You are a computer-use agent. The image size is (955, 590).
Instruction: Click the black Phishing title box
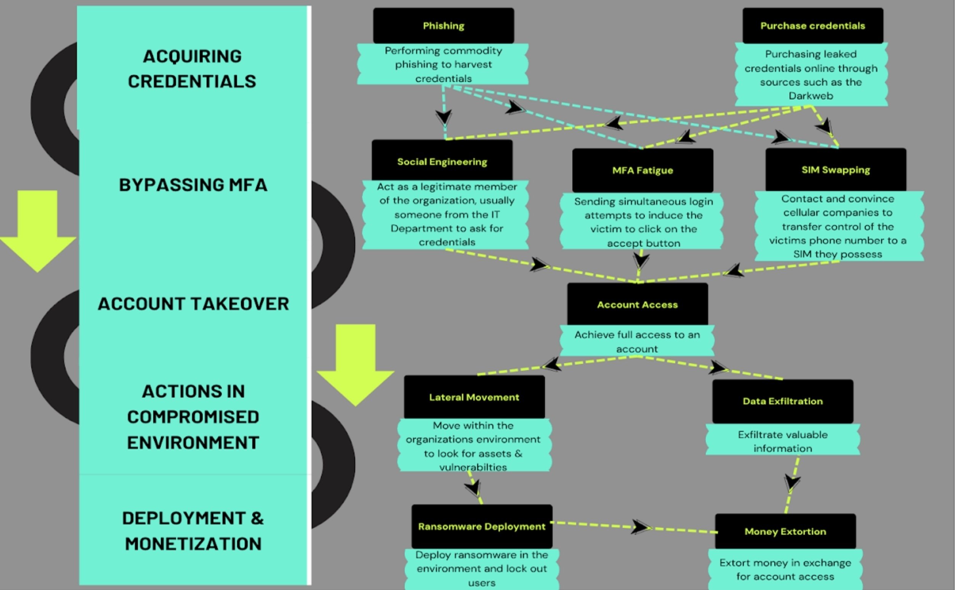click(444, 26)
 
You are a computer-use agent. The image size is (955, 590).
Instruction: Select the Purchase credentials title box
click(812, 26)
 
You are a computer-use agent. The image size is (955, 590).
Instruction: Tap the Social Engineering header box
click(442, 161)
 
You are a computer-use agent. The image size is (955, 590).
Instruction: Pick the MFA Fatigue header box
click(643, 170)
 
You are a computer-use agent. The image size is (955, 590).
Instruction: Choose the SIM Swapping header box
click(836, 170)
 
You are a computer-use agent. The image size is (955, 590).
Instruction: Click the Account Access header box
click(638, 305)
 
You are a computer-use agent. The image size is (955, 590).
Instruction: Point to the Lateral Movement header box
click(474, 397)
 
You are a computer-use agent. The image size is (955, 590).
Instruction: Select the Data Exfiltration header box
click(783, 401)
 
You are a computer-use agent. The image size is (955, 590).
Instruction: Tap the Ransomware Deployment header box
click(482, 526)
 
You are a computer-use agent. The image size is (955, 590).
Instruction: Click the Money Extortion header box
click(785, 531)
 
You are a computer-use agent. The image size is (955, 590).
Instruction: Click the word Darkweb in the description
click(811, 96)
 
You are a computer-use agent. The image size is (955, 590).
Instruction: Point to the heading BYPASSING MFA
click(193, 185)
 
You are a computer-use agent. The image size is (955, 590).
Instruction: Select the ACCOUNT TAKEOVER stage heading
click(193, 304)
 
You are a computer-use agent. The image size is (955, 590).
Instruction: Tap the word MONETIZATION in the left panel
click(193, 544)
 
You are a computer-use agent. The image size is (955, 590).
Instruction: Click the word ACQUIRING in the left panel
click(192, 56)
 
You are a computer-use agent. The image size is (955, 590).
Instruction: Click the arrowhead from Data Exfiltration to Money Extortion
click(792, 483)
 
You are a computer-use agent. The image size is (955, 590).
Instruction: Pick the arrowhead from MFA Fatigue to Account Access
click(641, 260)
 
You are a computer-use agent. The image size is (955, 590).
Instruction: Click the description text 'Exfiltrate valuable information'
click(783, 441)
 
